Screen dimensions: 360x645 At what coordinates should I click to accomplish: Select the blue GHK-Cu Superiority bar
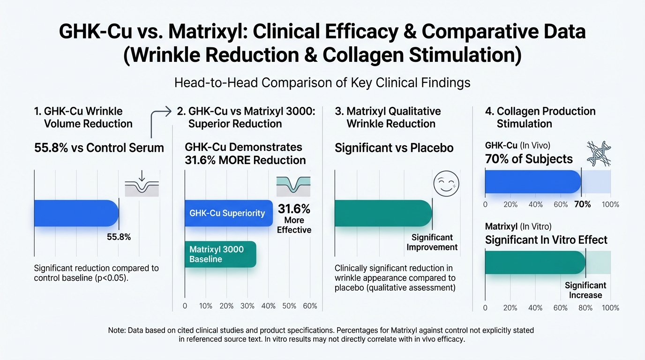228,213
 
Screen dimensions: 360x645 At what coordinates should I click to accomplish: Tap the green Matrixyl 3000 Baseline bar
220,254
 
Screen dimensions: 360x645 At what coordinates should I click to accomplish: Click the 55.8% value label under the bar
119,237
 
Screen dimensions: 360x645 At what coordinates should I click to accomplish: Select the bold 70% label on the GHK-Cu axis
583,204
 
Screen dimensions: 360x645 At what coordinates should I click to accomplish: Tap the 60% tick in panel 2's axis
310,306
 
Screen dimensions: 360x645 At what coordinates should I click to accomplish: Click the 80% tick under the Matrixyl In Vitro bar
585,307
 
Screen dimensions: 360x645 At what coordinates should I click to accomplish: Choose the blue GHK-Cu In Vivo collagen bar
532,182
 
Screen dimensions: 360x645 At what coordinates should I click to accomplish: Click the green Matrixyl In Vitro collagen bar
534,262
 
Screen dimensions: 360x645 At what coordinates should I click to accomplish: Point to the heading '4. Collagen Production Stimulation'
540,117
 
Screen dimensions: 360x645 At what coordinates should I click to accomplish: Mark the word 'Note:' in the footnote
117,330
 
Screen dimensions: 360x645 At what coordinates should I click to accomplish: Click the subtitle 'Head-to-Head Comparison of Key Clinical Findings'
322,82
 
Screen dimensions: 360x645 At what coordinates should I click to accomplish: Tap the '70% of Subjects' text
529,159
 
